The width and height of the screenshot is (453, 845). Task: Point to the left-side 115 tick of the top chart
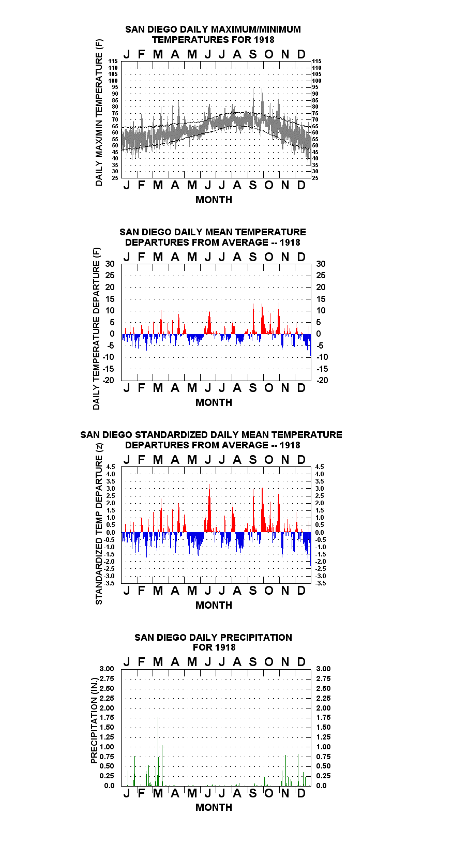[113, 61]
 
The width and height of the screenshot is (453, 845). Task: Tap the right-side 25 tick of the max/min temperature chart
[315, 178]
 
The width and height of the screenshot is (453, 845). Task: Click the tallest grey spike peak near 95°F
[262, 89]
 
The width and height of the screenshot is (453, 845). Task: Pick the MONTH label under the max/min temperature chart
[214, 200]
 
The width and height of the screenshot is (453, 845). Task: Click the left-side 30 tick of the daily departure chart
[110, 264]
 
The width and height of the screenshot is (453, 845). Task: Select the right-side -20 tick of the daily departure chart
[322, 380]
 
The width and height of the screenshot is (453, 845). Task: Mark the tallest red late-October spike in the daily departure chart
[279, 303]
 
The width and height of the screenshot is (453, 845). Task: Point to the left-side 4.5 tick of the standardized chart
[111, 467]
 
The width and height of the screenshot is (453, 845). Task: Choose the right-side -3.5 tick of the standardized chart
[321, 583]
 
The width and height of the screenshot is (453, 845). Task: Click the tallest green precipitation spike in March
[158, 718]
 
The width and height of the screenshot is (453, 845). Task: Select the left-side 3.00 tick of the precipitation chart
[107, 669]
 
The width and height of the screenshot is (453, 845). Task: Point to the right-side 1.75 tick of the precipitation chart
[323, 717]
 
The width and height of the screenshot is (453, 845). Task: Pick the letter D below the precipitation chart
[301, 793]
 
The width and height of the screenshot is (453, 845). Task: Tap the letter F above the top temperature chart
[142, 54]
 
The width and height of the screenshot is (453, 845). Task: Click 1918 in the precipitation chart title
[225, 647]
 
